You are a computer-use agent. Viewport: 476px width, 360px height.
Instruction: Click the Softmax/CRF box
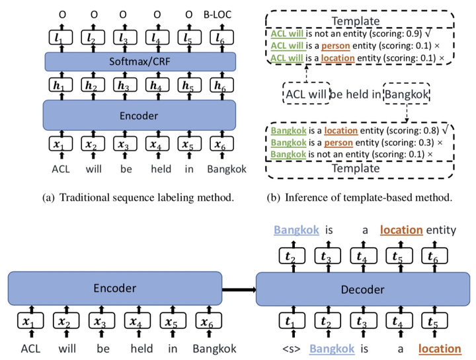tap(140, 61)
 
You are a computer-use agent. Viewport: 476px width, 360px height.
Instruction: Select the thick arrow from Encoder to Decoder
tap(239, 289)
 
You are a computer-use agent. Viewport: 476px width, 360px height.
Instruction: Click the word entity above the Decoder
tap(441, 230)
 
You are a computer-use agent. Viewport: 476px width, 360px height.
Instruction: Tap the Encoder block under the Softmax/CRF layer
tap(140, 116)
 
